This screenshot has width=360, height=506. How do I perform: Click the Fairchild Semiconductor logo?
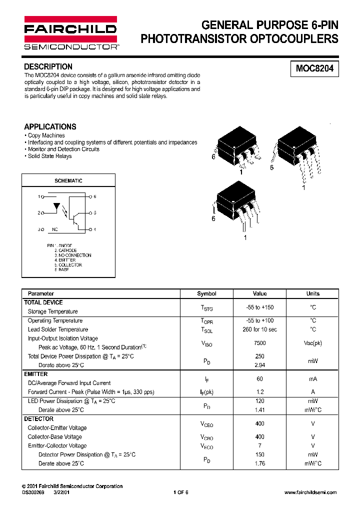pos(70,32)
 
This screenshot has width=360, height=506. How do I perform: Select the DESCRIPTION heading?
pos(48,66)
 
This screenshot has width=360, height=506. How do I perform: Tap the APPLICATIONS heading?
pos(50,126)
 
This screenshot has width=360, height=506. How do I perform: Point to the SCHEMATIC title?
pos(68,180)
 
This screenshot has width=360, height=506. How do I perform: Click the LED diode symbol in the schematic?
pos(57,206)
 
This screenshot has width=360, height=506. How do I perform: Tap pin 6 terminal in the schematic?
pos(90,197)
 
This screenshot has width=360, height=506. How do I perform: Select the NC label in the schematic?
pos(55,230)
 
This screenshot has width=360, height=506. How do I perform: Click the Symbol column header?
pos(206,293)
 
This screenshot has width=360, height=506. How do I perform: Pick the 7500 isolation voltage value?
pos(259,343)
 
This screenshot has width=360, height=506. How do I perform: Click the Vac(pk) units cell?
pos(313,343)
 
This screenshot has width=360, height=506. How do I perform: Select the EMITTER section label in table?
pos(36,374)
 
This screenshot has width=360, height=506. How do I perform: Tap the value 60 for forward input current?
pos(259,379)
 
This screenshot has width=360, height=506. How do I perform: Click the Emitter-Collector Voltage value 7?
pos(259,445)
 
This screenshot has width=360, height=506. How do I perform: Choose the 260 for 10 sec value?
pos(259,329)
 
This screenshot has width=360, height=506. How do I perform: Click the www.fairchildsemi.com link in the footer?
pos(310,492)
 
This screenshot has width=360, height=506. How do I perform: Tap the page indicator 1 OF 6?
pos(180,492)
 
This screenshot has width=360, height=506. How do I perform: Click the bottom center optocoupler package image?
pos(236,205)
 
